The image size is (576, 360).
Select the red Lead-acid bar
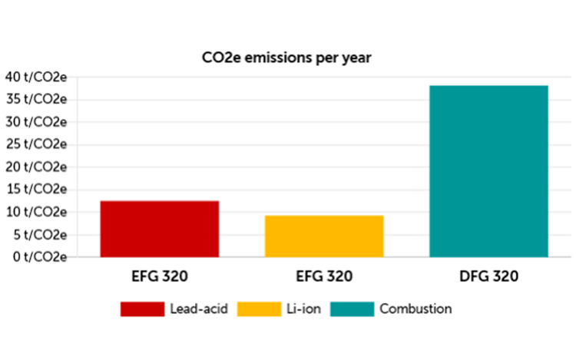click(x=160, y=229)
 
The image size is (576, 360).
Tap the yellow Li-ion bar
click(x=323, y=236)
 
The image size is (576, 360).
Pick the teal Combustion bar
click(x=488, y=170)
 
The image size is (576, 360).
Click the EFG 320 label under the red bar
click(x=160, y=275)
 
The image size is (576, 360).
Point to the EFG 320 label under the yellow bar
click(x=323, y=275)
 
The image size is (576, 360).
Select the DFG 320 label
click(x=488, y=275)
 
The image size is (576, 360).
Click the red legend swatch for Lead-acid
click(x=142, y=309)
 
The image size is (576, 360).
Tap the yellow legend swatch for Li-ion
click(x=259, y=309)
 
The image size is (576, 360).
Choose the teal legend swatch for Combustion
click(x=353, y=309)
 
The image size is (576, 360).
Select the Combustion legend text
click(x=416, y=309)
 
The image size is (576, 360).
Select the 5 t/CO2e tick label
click(x=38, y=234)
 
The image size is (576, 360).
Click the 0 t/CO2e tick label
click(x=38, y=256)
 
